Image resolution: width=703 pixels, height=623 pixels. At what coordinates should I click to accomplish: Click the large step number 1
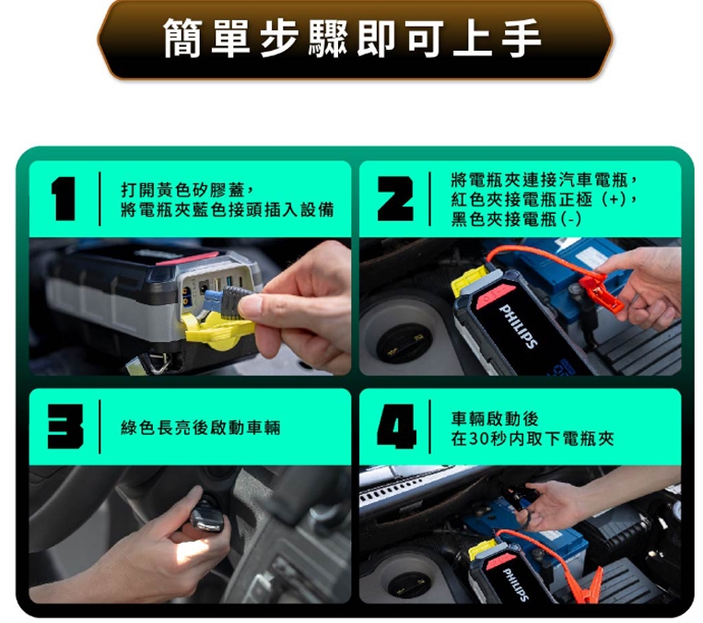tap(64, 199)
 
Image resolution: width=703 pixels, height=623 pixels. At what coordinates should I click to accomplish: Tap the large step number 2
tap(394, 199)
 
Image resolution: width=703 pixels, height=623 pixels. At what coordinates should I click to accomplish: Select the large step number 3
tap(65, 427)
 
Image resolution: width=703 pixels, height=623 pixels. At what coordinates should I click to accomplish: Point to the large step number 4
tap(396, 427)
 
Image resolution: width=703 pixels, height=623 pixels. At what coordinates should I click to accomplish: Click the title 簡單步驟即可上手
tap(352, 39)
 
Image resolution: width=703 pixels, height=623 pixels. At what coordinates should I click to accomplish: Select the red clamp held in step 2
tap(601, 293)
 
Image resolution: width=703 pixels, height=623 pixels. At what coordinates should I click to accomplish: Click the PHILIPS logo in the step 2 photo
tap(519, 326)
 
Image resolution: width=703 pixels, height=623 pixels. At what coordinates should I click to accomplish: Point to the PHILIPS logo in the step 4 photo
tap(516, 584)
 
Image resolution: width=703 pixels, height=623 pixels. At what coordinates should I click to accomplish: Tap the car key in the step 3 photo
tap(206, 517)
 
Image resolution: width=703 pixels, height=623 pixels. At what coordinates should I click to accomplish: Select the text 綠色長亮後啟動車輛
tap(201, 428)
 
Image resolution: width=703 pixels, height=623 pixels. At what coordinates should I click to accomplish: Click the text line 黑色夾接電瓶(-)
tap(516, 219)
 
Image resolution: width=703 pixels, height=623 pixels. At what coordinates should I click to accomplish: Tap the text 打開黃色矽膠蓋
tap(183, 190)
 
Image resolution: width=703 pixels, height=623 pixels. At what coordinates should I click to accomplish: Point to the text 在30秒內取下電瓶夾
tap(533, 439)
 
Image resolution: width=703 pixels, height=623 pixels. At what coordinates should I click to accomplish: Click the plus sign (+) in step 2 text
tap(614, 199)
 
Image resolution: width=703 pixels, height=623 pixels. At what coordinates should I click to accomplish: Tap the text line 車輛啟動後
tap(495, 418)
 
